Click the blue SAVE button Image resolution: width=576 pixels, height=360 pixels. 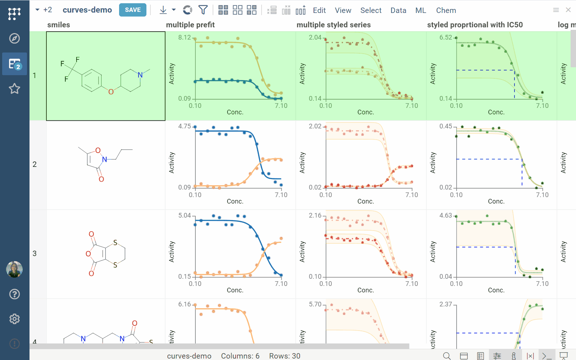pyautogui.click(x=132, y=10)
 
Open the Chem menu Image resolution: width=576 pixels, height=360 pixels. pyautogui.click(x=446, y=10)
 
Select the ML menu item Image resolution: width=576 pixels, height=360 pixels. pyautogui.click(x=421, y=10)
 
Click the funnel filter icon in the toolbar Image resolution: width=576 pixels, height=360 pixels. pyautogui.click(x=203, y=10)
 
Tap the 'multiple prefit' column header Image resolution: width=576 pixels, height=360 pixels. pyautogui.click(x=190, y=25)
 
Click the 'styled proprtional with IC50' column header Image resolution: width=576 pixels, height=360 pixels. pyautogui.click(x=475, y=25)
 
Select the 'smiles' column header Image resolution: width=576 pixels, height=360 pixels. pyautogui.click(x=59, y=25)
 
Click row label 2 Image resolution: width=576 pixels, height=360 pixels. pyautogui.click(x=35, y=164)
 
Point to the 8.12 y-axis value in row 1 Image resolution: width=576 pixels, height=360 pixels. pyautogui.click(x=185, y=37)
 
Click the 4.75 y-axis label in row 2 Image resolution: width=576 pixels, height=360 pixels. pyautogui.click(x=185, y=126)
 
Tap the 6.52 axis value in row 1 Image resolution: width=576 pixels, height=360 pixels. pyautogui.click(x=445, y=37)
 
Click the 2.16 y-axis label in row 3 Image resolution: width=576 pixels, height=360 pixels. pyautogui.click(x=315, y=215)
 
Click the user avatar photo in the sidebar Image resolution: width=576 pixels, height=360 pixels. pyautogui.click(x=14, y=269)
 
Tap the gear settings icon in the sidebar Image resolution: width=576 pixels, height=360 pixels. pyautogui.click(x=14, y=319)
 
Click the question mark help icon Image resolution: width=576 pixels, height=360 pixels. pyautogui.click(x=14, y=294)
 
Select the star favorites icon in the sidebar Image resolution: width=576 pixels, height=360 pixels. pyautogui.click(x=14, y=88)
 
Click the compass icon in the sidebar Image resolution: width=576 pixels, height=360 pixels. pyautogui.click(x=14, y=38)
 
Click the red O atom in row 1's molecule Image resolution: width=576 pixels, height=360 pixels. pyautogui.click(x=111, y=92)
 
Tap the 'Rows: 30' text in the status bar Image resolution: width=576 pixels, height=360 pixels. pyautogui.click(x=285, y=356)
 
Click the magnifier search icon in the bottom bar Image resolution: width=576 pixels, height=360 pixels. pyautogui.click(x=447, y=356)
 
